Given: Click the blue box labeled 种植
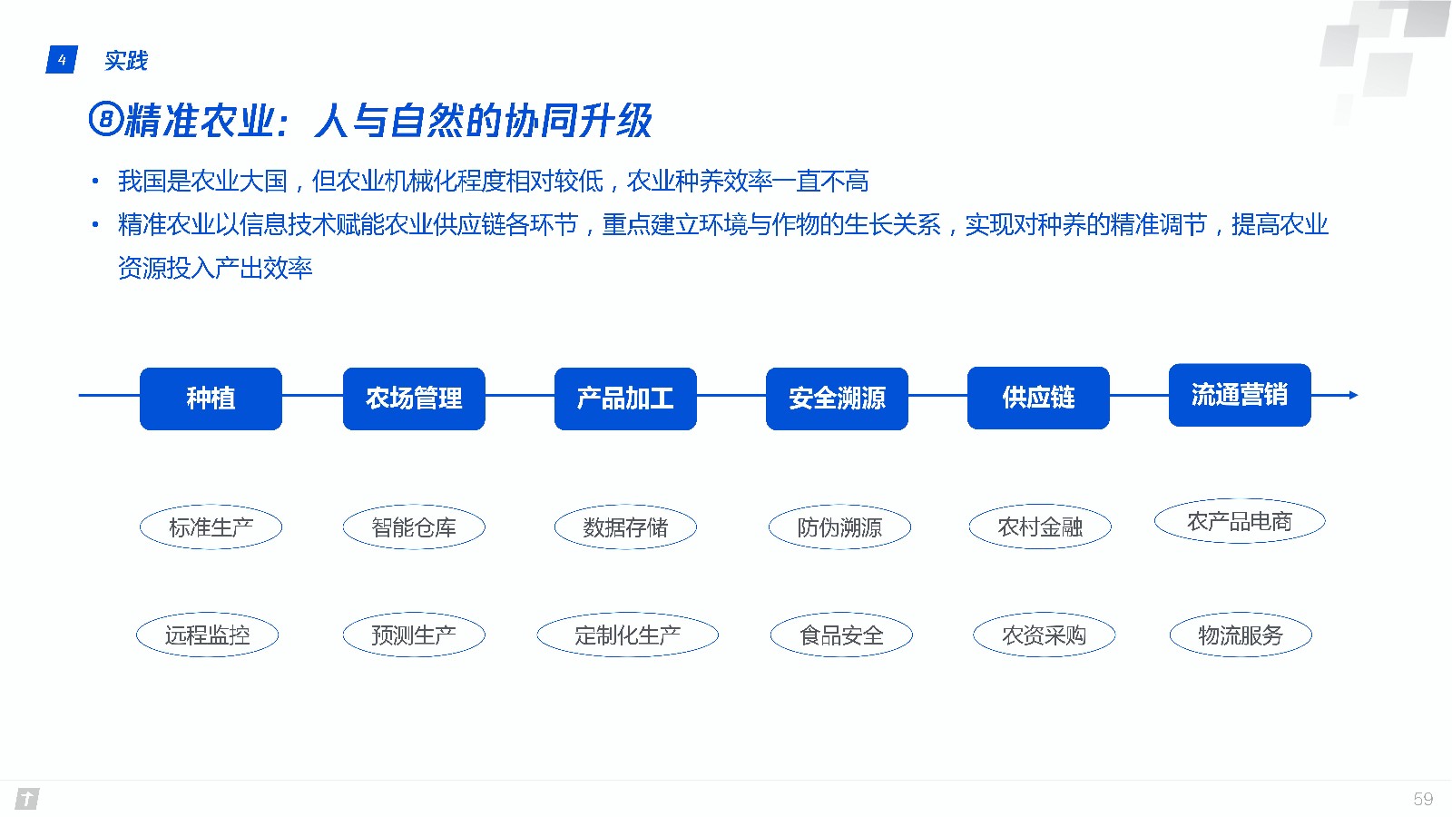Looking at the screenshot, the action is (x=211, y=399).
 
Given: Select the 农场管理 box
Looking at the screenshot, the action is (x=414, y=399).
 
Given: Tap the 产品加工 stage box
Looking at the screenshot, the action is (x=625, y=399).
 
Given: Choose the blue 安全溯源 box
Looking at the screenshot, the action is (x=837, y=399).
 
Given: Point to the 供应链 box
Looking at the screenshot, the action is (x=1038, y=399).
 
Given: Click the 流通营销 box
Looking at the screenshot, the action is (x=1240, y=395).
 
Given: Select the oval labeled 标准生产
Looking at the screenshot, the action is (x=211, y=527).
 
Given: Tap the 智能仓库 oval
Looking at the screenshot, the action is (x=414, y=527).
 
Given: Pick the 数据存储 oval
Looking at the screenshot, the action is (x=625, y=527).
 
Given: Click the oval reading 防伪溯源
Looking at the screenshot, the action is (x=839, y=527).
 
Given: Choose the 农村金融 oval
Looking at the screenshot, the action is (x=1040, y=527).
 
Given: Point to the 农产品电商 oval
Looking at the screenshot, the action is (x=1240, y=521).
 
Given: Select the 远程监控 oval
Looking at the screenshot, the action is (x=208, y=635).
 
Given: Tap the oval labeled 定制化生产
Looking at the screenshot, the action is (x=627, y=635).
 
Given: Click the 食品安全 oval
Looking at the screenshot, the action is (x=841, y=635).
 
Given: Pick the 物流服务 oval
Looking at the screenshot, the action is (x=1241, y=635).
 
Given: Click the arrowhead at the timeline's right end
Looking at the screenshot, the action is (x=1353, y=395).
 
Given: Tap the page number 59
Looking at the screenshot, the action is (x=1423, y=799).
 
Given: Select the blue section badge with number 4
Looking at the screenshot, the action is (x=62, y=60).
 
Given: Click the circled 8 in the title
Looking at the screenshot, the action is (x=105, y=119).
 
